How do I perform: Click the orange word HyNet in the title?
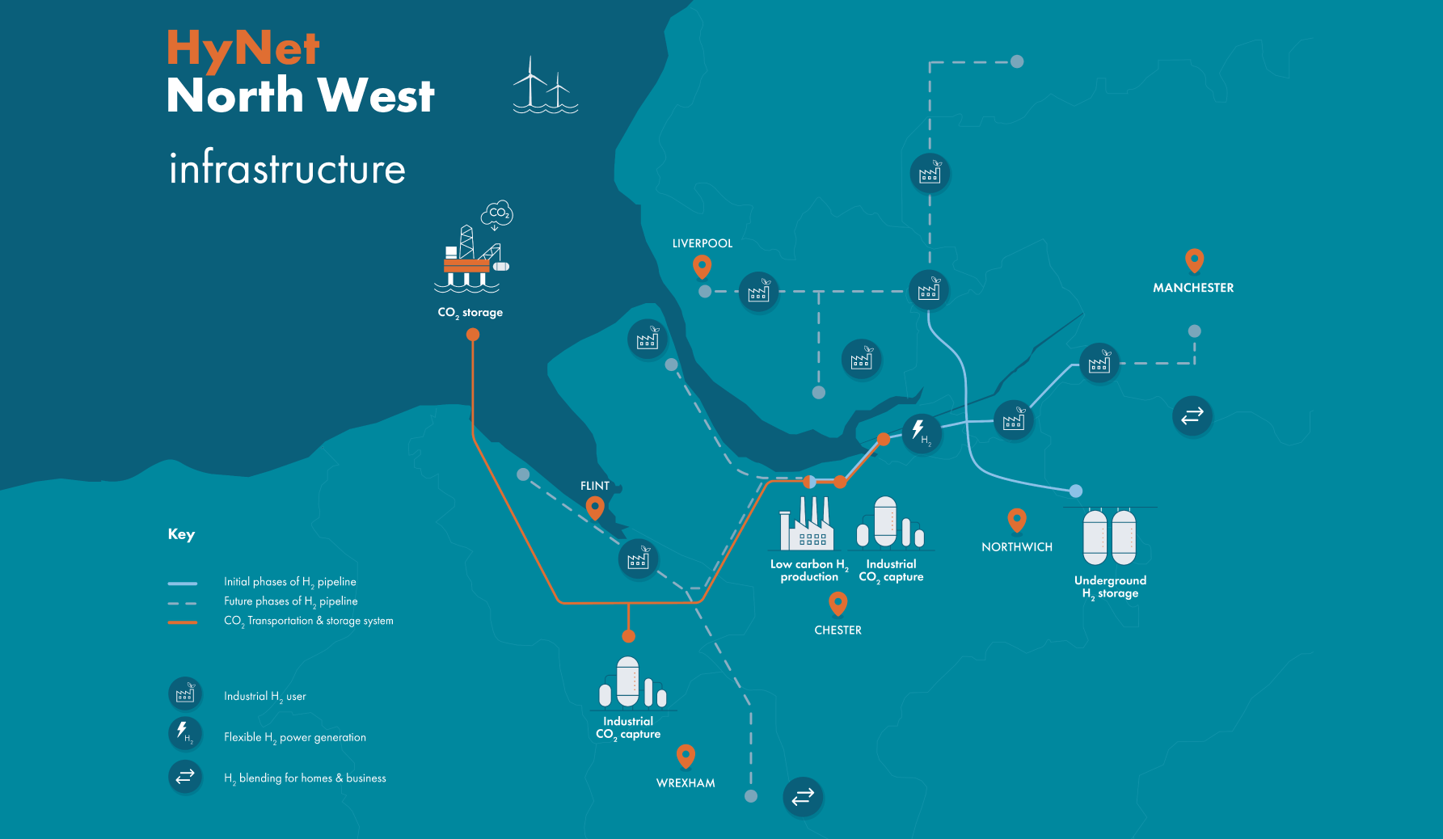(x=243, y=48)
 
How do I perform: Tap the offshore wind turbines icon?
(x=545, y=86)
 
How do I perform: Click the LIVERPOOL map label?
(x=702, y=243)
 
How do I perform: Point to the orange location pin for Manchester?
(x=1194, y=260)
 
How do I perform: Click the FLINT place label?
(x=594, y=486)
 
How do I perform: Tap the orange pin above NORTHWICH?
(x=1017, y=520)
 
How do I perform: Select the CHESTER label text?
(x=838, y=630)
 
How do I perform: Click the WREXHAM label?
(x=686, y=783)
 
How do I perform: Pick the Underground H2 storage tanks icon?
(x=1109, y=537)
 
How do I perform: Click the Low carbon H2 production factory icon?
(x=806, y=525)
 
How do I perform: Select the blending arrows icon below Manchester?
(x=1192, y=415)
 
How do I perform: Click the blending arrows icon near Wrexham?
(x=803, y=797)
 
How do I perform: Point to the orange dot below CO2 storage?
(x=473, y=335)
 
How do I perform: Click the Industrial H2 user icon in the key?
(x=185, y=694)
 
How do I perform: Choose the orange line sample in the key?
(x=183, y=622)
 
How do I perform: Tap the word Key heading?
(x=181, y=534)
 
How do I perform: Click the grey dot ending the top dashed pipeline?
(x=1017, y=61)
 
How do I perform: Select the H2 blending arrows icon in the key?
(x=185, y=776)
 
